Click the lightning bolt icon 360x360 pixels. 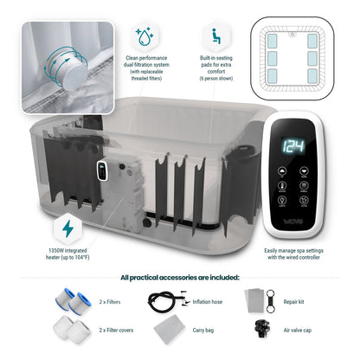coord(67,229)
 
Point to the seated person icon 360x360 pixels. coord(210,38)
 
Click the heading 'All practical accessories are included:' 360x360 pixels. coord(180,277)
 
